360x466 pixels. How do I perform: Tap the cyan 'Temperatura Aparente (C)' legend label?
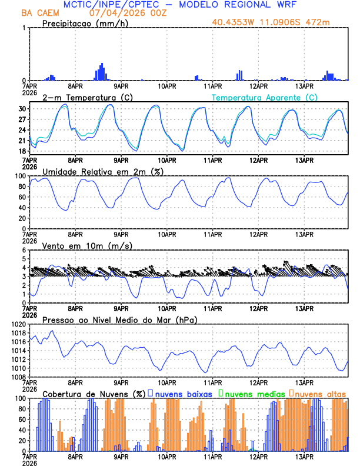[265, 97]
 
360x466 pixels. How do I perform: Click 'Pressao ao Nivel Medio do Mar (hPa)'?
[119, 319]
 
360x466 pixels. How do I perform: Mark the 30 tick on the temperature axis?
[22, 109]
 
